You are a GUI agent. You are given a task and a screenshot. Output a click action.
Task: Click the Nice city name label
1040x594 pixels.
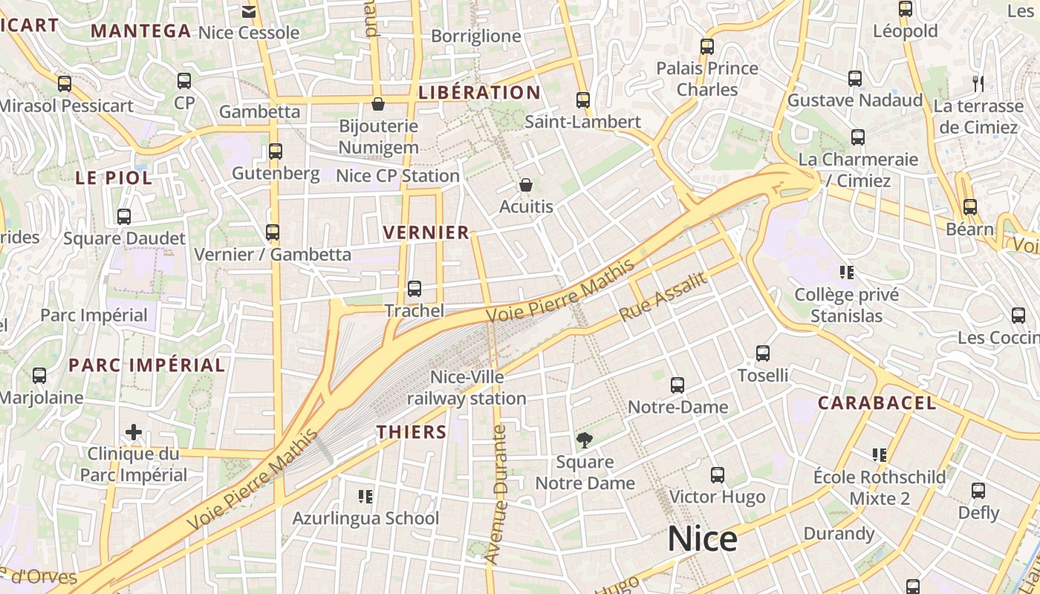point(702,539)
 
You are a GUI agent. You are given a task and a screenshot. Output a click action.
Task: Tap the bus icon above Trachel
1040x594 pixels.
point(415,289)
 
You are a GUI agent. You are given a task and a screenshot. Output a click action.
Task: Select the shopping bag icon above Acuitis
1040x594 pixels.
point(526,185)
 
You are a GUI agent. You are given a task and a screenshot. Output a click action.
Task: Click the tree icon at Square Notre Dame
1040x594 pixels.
point(585,440)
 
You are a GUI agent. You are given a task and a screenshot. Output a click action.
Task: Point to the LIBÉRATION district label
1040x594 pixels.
point(478,93)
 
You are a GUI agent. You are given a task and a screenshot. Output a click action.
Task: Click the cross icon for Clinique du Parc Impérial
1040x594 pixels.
point(134,431)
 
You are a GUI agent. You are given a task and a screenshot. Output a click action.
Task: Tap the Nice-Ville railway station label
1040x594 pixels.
point(467,388)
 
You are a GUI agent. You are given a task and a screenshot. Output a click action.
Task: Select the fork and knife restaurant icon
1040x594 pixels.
point(978,83)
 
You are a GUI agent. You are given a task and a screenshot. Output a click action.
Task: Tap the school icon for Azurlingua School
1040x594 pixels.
point(365,496)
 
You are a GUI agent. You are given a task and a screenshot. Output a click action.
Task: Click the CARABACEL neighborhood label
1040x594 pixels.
point(877,403)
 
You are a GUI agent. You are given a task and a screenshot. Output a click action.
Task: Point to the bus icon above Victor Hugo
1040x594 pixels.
point(717,475)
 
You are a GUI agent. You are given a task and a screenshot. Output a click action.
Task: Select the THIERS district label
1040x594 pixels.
point(412,432)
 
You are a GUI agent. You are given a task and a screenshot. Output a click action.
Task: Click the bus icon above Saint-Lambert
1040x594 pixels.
point(583,99)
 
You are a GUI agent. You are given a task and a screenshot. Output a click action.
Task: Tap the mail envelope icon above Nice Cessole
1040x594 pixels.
point(249,11)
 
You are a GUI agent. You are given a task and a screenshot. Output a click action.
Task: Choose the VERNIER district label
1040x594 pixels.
point(426,232)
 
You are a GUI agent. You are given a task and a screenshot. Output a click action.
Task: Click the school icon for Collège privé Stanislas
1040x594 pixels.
point(846,272)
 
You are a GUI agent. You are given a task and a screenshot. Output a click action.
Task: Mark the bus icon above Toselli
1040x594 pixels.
point(763,353)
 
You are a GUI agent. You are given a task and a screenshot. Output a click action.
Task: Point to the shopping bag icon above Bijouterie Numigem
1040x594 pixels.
point(378,104)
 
